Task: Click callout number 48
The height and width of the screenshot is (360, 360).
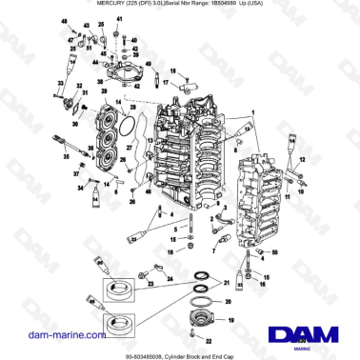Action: point(64,21)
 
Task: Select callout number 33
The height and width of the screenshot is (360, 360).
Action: point(59,84)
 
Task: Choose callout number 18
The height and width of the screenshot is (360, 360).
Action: point(174,71)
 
